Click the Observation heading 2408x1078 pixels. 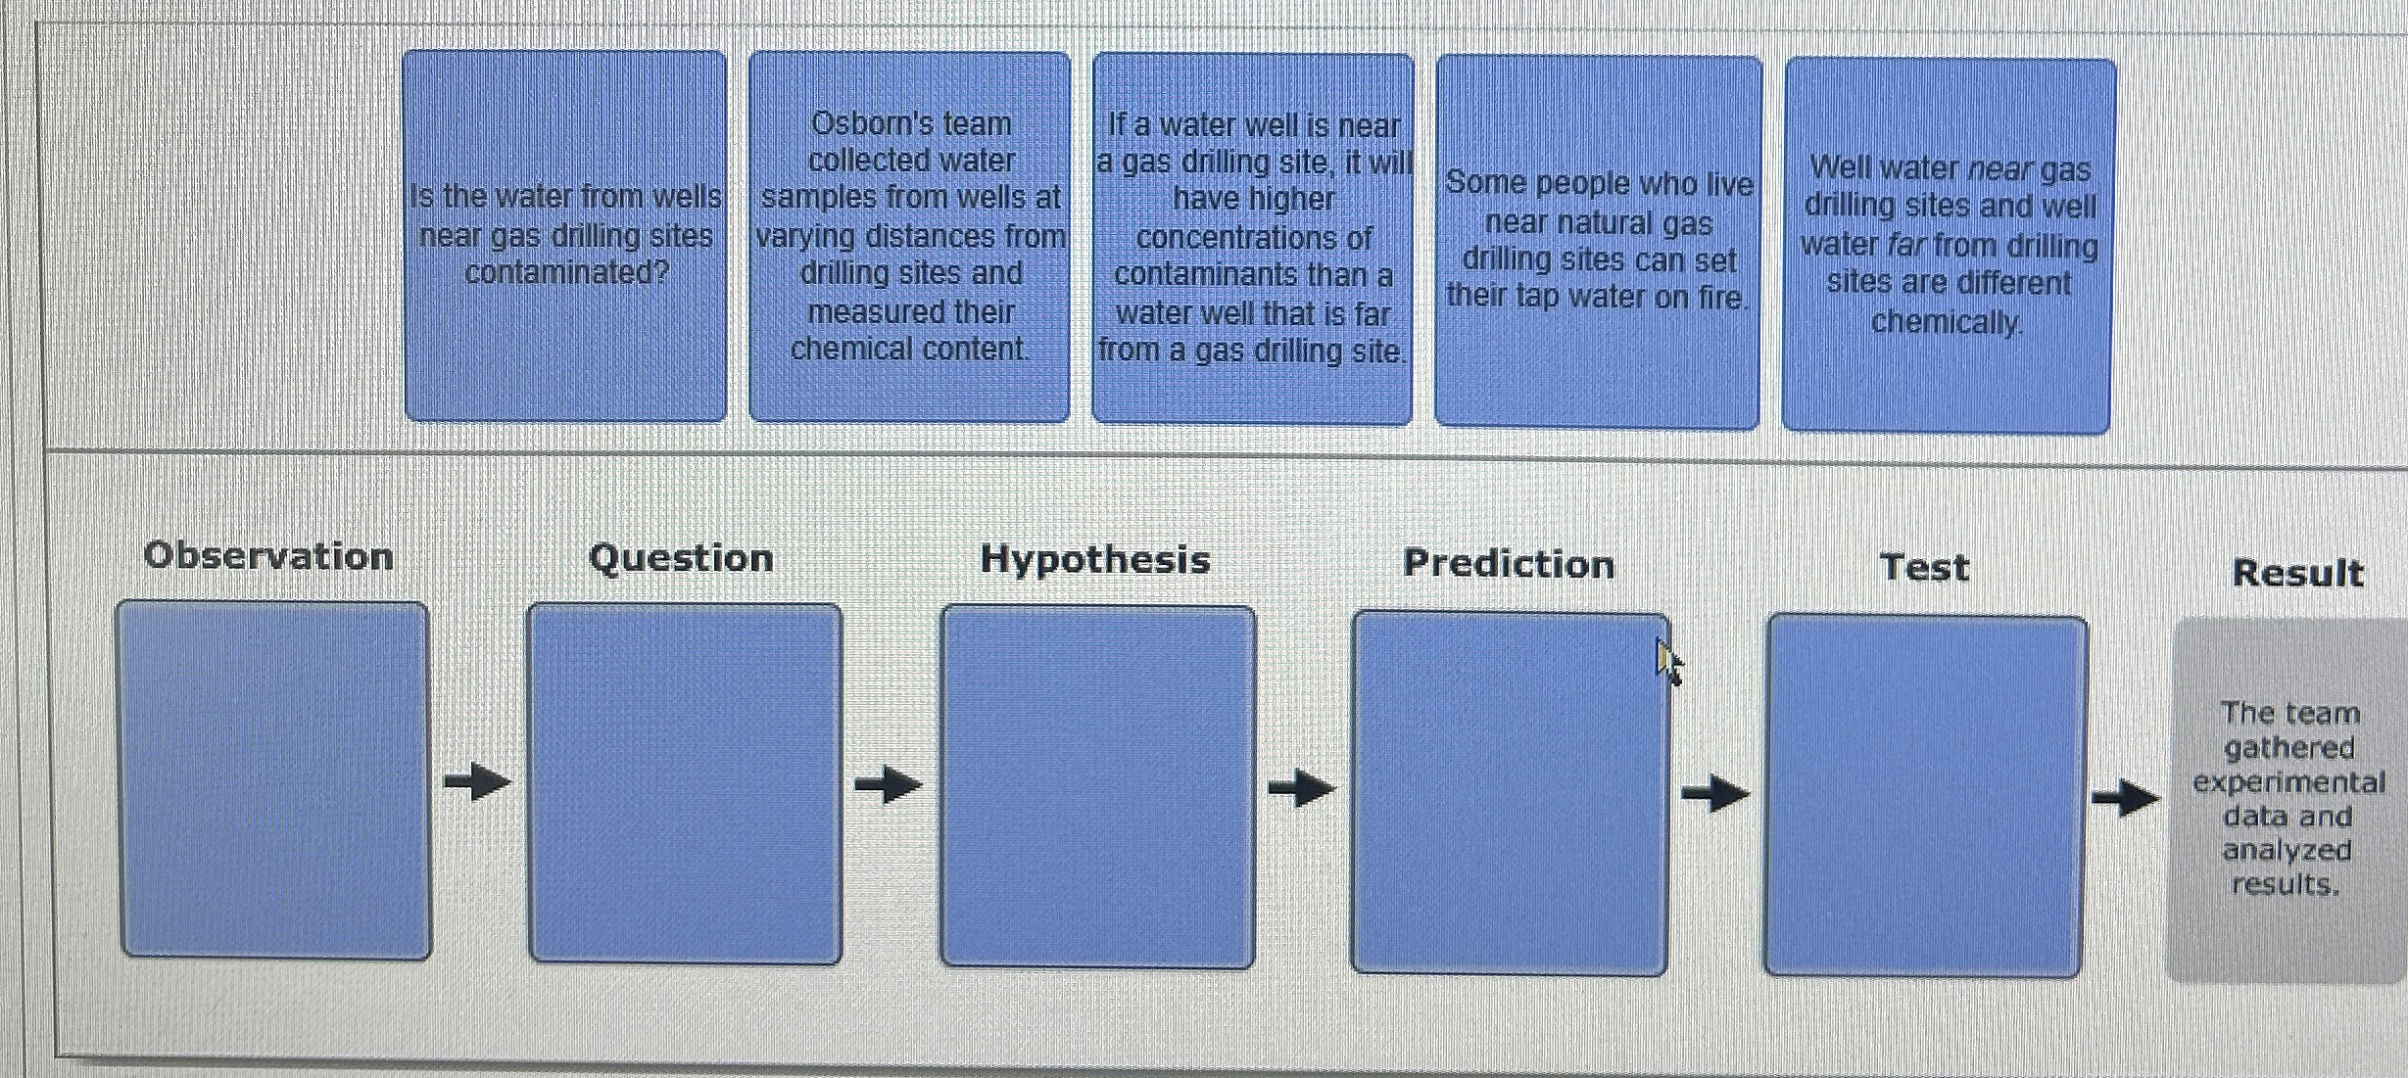(x=268, y=556)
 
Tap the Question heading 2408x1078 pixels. (x=681, y=558)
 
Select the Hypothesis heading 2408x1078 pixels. (x=1095, y=560)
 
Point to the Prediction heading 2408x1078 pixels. (x=1509, y=564)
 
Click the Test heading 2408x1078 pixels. (x=1924, y=568)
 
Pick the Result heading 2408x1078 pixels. (x=2297, y=573)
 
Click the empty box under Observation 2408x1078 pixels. (x=274, y=780)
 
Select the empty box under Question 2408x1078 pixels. (x=685, y=783)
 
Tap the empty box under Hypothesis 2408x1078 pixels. (x=1097, y=786)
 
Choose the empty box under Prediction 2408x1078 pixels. (x=1509, y=793)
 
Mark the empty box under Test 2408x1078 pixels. (x=1925, y=796)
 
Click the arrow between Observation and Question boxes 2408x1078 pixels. (x=477, y=781)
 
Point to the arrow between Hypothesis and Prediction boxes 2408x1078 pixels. (x=1302, y=787)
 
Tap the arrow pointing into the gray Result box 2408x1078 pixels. (x=2126, y=798)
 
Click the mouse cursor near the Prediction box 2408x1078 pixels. (x=1667, y=662)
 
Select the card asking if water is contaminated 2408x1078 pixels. (x=565, y=236)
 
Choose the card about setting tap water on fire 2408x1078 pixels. (x=1598, y=241)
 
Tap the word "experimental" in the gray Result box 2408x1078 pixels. (x=2288, y=782)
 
